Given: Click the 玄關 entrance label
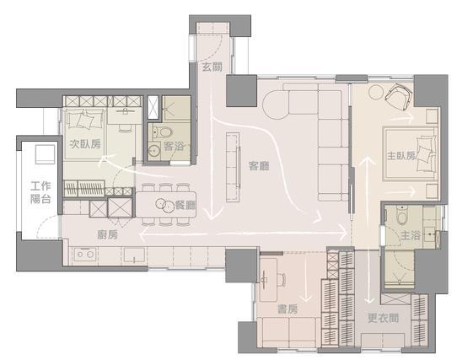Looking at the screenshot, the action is (212, 67).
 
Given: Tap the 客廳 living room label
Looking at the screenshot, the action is (259, 166).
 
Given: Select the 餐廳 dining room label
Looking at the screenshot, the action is (185, 206).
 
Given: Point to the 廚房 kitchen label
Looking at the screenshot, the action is (107, 234).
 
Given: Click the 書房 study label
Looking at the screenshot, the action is (288, 309).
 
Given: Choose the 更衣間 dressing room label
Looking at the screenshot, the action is (383, 318).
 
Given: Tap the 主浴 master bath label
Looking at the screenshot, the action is (411, 235).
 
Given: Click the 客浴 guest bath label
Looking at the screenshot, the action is (174, 147).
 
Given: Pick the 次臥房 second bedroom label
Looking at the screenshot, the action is (85, 144).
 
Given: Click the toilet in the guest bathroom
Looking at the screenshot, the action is (163, 132).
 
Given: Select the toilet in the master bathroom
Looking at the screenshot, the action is (401, 215).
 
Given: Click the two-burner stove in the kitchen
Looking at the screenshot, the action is (86, 255).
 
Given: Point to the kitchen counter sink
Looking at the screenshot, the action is (134, 255).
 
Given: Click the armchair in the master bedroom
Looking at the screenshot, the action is (399, 96).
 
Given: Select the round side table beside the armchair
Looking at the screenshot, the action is (375, 93).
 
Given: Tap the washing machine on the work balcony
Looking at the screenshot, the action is (46, 154).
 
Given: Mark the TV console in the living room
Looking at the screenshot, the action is (234, 167).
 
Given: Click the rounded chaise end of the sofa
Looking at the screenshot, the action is (277, 105).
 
